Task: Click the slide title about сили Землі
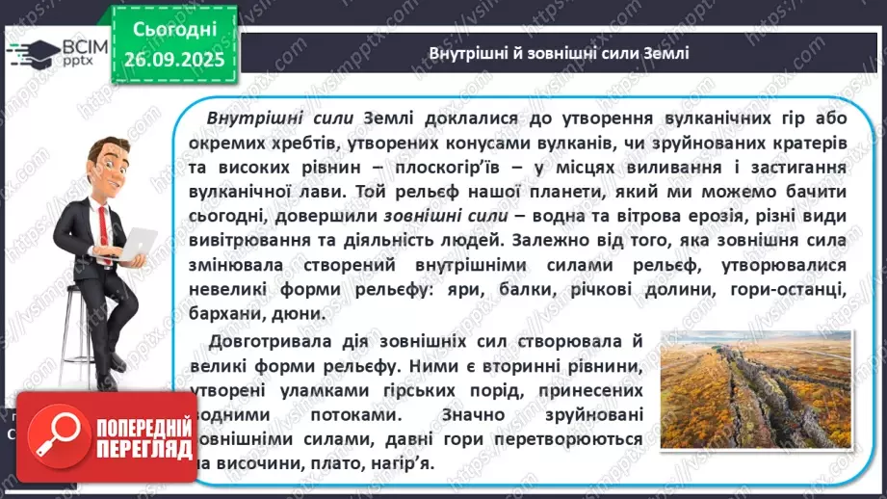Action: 558,53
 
